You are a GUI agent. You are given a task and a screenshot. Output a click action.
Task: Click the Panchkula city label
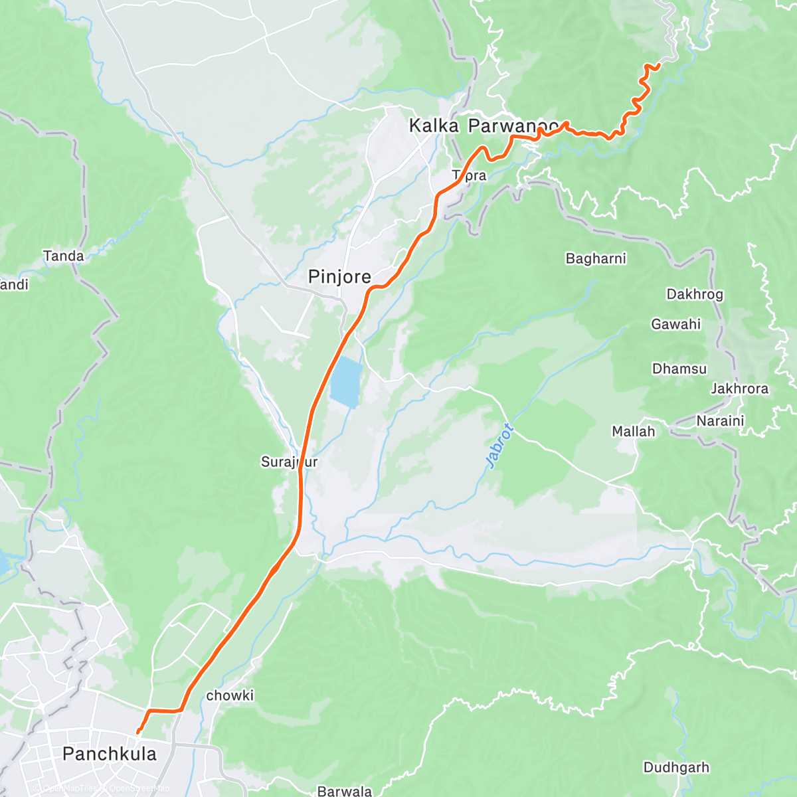110,754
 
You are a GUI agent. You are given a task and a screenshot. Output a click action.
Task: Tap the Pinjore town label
339,277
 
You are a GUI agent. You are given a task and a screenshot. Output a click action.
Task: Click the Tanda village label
64,256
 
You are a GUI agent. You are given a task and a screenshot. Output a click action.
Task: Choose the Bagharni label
596,258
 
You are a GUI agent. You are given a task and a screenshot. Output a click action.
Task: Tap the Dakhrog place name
695,294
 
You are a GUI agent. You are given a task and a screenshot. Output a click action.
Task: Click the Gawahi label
675,324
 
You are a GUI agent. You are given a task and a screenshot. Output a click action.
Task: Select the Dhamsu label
679,369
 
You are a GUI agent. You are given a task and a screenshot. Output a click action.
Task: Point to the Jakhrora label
739,389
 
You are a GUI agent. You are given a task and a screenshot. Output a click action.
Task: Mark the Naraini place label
720,420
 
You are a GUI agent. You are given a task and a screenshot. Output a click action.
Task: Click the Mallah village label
633,432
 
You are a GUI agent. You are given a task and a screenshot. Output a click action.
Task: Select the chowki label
230,695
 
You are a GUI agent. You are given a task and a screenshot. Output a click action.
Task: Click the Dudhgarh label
676,768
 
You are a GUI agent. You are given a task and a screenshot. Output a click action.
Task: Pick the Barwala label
344,790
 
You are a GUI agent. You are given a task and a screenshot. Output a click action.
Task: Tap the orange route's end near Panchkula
138,732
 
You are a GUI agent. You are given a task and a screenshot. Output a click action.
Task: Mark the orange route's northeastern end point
657,64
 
